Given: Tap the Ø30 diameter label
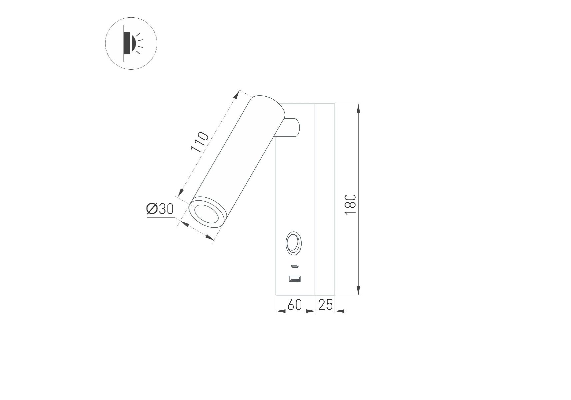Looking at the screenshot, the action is (x=160, y=209).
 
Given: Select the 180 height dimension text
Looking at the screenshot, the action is (x=351, y=204).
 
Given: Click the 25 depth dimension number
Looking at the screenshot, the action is (x=325, y=304).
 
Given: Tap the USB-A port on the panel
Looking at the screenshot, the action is (x=295, y=278).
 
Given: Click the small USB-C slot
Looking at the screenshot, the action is (x=295, y=266).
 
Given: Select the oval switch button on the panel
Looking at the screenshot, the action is (x=293, y=243).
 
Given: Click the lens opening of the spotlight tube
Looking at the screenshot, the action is (x=206, y=215).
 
